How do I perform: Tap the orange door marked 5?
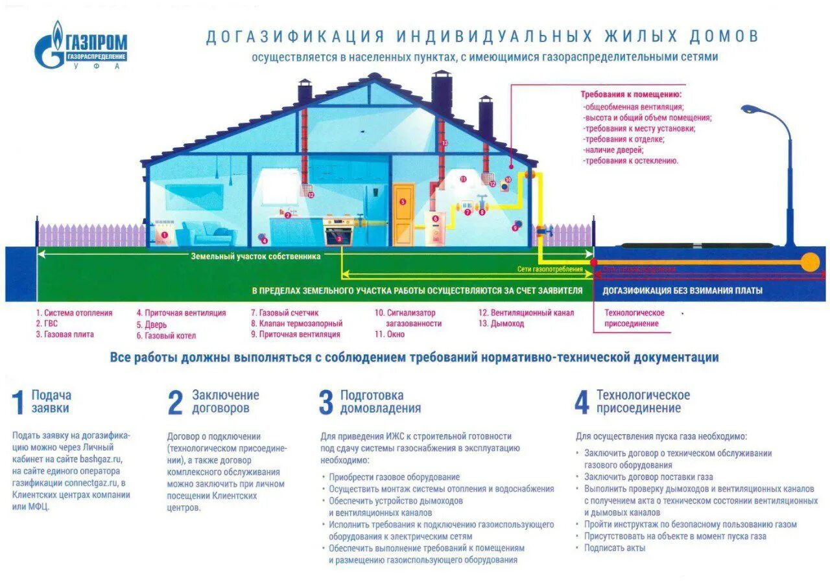[403, 214]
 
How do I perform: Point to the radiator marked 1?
[163, 236]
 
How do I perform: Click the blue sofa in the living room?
[207, 233]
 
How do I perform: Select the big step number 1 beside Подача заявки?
[19, 402]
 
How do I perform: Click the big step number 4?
[582, 402]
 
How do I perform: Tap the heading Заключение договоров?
[225, 402]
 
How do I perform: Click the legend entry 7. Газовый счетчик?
[285, 312]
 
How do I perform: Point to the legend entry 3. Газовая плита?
[65, 334]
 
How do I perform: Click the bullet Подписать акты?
[614, 547]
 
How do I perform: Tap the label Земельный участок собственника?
[255, 256]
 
